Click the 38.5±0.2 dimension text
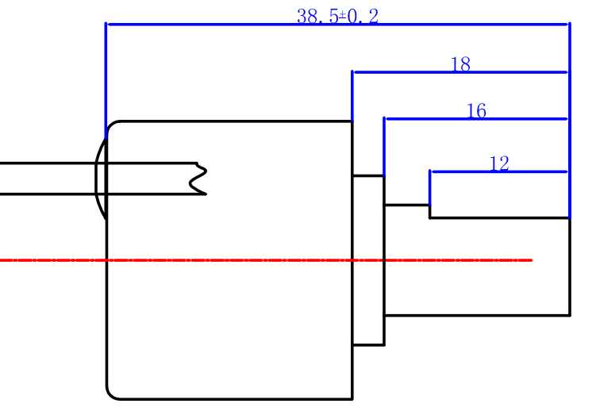(x=337, y=16)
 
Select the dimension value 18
(x=460, y=65)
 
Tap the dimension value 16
(x=476, y=111)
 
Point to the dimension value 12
(x=499, y=164)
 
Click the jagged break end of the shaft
(x=198, y=179)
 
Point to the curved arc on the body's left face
(x=98, y=179)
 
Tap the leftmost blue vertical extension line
(x=106, y=79)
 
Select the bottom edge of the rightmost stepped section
(x=476, y=315)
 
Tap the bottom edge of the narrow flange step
(x=368, y=345)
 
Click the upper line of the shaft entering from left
(x=48, y=163)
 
